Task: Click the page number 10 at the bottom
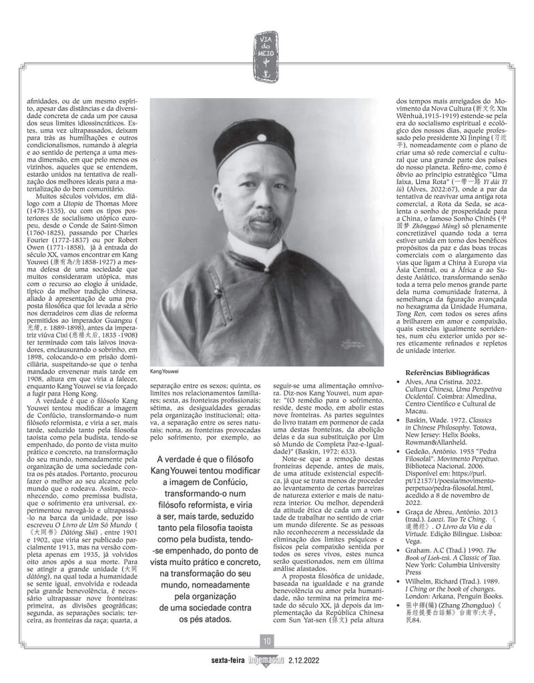(266, 642)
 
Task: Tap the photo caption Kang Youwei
(165, 371)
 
